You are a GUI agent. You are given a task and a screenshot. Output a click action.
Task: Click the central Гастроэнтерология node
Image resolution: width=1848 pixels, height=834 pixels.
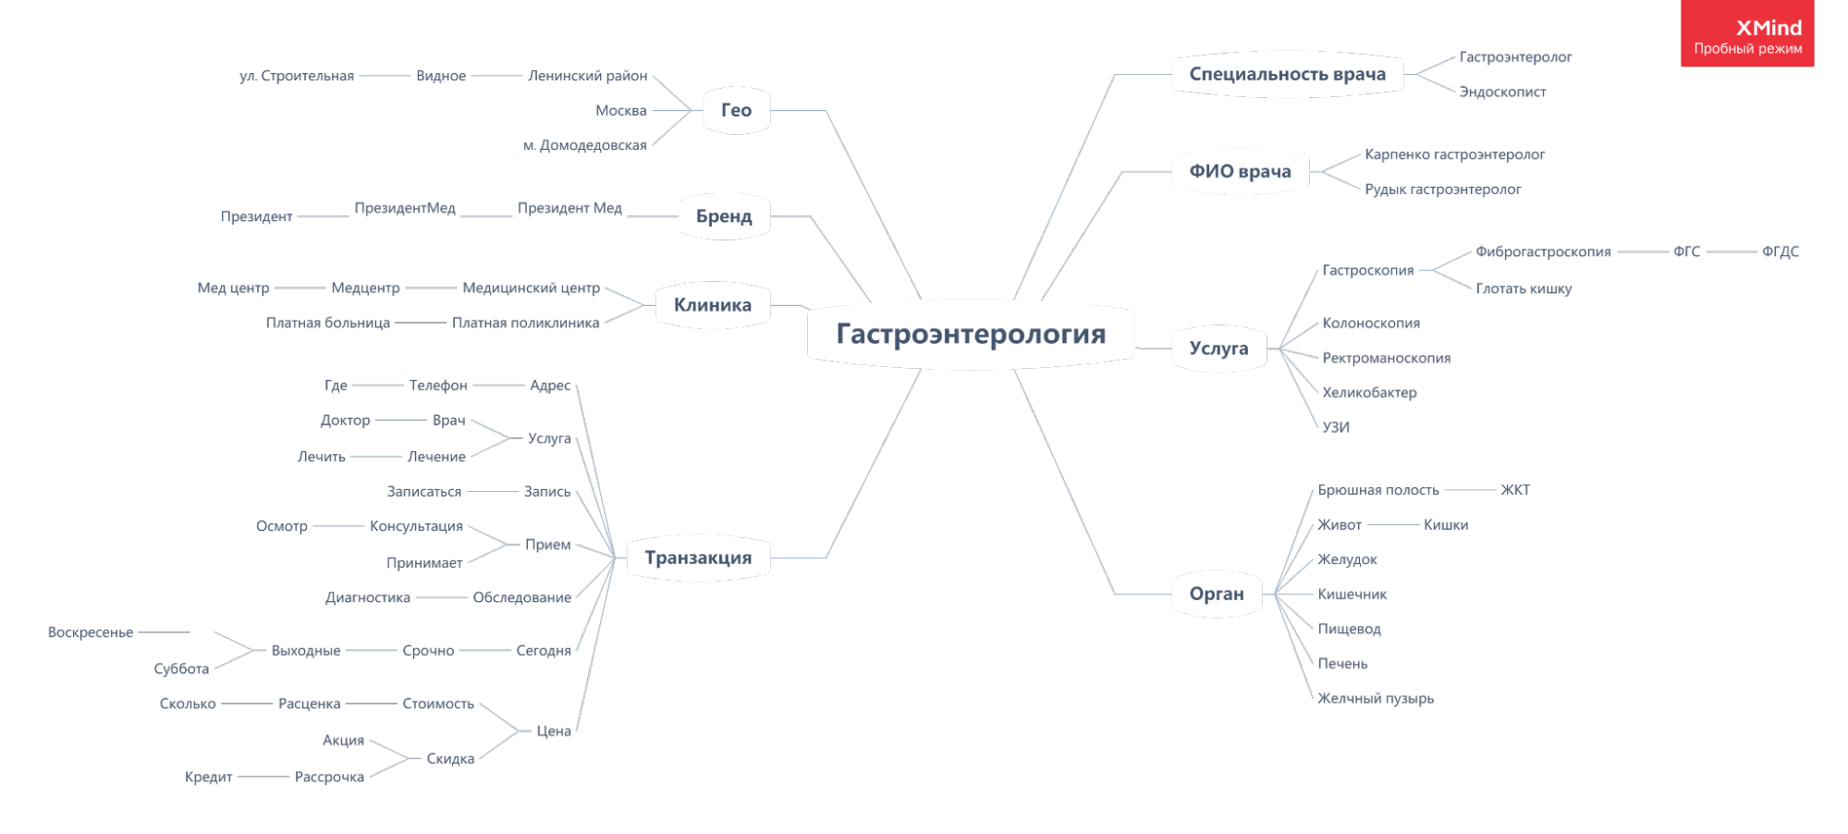971,334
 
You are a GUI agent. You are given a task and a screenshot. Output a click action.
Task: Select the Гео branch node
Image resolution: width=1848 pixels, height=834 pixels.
736,110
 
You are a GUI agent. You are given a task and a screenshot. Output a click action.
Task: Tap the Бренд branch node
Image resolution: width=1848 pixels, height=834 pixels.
724,216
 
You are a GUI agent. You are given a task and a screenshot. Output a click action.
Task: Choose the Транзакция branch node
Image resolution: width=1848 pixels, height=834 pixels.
698,558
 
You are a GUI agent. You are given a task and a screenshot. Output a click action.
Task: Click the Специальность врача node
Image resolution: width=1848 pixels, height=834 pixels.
1287,74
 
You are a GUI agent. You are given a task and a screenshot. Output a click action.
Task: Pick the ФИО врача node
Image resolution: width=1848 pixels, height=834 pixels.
1240,171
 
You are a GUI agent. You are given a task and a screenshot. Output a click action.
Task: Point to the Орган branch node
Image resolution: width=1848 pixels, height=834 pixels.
1217,594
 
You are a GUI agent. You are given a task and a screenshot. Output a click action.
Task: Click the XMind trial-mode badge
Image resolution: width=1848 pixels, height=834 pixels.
1747,35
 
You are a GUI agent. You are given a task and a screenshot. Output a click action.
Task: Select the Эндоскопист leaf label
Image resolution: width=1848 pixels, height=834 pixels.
1502,92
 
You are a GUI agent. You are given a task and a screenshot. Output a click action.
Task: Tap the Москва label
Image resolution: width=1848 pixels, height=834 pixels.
620,110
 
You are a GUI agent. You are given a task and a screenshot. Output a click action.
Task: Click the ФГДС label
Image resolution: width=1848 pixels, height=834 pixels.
1780,251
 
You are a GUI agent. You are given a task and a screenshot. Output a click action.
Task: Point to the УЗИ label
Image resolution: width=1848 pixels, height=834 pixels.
1335,427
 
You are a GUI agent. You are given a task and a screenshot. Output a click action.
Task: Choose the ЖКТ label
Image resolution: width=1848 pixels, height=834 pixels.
1514,489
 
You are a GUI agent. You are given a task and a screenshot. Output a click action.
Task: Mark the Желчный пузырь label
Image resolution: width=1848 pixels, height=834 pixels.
1375,698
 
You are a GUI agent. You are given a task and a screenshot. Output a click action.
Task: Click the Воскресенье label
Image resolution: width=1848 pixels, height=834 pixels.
91,632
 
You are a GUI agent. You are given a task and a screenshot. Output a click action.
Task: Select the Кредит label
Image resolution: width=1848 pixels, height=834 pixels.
208,777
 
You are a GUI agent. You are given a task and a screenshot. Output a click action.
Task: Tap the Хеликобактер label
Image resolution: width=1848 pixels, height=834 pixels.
1368,392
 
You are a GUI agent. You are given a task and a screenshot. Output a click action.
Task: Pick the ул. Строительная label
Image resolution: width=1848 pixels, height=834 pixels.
296,76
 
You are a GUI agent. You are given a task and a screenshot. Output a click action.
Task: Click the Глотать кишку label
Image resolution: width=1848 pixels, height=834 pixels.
1523,288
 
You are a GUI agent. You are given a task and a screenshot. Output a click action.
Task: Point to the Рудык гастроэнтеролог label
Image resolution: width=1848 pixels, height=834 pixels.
1442,190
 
